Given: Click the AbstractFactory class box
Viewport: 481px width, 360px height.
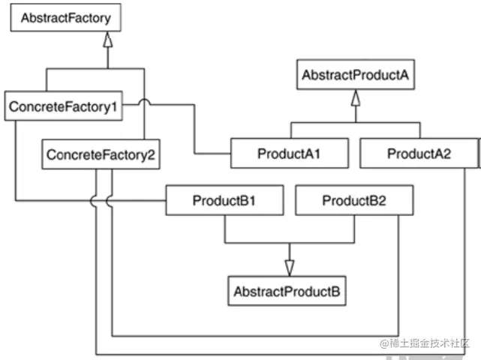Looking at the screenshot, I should click(64, 18).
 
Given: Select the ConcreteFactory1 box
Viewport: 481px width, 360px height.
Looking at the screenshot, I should click(63, 107).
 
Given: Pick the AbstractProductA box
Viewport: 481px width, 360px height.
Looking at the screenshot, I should click(356, 76).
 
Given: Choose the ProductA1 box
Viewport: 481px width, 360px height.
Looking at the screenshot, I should click(289, 154).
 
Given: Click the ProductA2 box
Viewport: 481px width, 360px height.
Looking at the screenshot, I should click(418, 154).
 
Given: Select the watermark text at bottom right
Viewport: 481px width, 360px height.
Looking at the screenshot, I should click(423, 343).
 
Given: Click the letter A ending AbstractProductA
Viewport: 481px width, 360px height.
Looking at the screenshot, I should click(404, 76).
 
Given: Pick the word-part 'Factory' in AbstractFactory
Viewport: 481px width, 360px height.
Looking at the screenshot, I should click(90, 18).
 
